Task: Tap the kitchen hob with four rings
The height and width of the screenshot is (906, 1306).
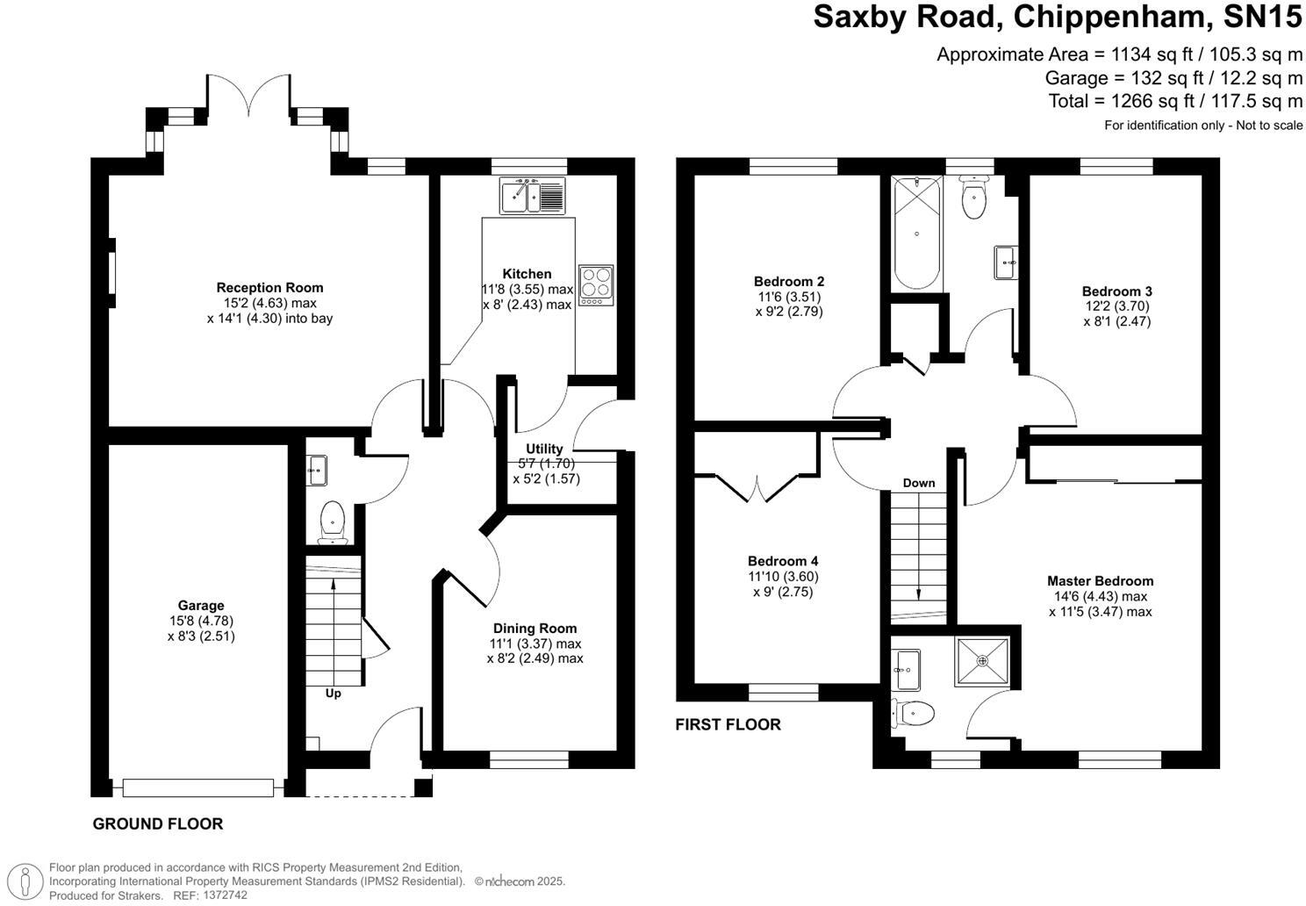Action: point(596,284)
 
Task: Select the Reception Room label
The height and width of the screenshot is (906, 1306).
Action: point(269,287)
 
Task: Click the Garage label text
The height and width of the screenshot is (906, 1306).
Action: point(201,605)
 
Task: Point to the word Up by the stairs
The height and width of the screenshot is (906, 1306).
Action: point(333,694)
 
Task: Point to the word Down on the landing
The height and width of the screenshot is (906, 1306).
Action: point(918,483)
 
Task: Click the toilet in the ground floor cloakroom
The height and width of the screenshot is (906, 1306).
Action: point(333,521)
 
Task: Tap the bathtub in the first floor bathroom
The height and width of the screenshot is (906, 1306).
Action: point(916,234)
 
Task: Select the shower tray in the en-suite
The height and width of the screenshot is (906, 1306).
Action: point(982,659)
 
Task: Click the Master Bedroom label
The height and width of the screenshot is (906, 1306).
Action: point(1100,580)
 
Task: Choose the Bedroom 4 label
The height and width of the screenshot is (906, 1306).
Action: point(783,561)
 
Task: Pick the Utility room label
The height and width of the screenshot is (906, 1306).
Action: point(544,449)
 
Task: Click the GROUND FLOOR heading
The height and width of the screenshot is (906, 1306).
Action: point(158,823)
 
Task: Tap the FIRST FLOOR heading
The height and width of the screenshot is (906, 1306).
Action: point(728,724)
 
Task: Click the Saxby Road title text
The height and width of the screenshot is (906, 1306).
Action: point(1058,17)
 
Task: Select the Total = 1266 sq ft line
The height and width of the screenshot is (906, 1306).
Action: point(1175,101)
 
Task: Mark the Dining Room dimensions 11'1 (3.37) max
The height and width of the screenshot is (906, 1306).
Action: point(535,644)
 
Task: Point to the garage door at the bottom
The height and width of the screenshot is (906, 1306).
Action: point(199,787)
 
